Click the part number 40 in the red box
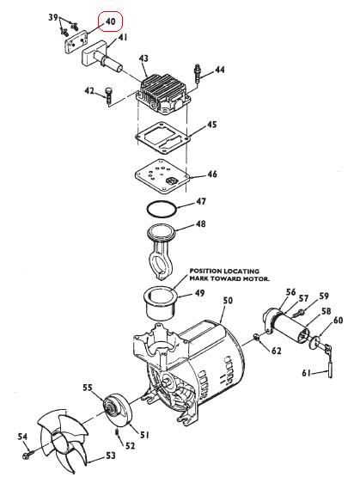pyautogui.click(x=110, y=21)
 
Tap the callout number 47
pyautogui.click(x=201, y=201)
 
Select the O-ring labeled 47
pyautogui.click(x=162, y=209)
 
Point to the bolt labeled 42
pyautogui.click(x=108, y=96)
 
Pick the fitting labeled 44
pyautogui.click(x=197, y=73)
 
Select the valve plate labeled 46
pyautogui.click(x=162, y=176)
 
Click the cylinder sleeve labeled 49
pyautogui.click(x=160, y=303)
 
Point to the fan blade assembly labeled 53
pyautogui.click(x=62, y=441)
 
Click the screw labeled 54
pyautogui.click(x=27, y=455)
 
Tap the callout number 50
pyautogui.click(x=228, y=300)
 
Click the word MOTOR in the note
pyautogui.click(x=258, y=278)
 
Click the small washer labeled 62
pyautogui.click(x=258, y=338)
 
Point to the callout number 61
pyautogui.click(x=306, y=373)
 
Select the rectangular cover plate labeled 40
pyautogui.click(x=75, y=43)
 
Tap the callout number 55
pyautogui.click(x=88, y=388)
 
